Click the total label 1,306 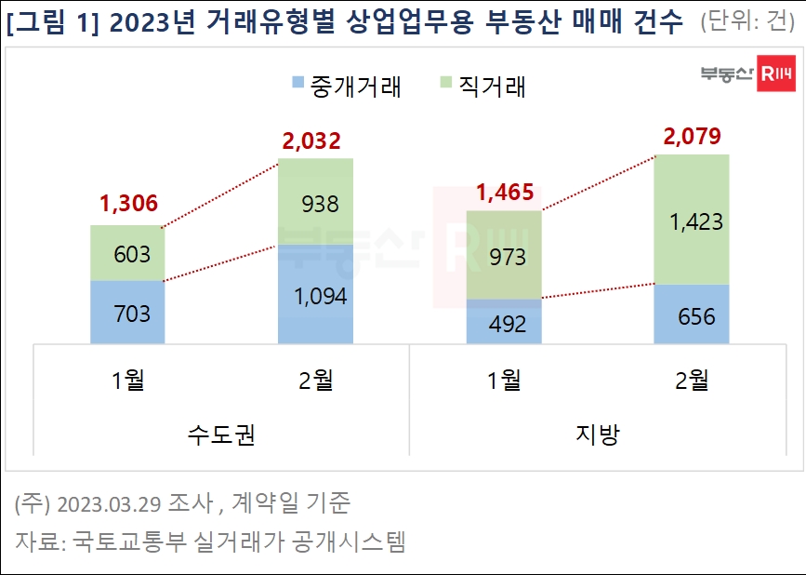127,204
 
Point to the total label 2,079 691,138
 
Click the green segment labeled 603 127,253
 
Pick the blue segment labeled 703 127,313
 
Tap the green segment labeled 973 503,255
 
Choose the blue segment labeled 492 503,323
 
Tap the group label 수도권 221,435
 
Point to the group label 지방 597,435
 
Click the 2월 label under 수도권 316,380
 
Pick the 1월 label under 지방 503,380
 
